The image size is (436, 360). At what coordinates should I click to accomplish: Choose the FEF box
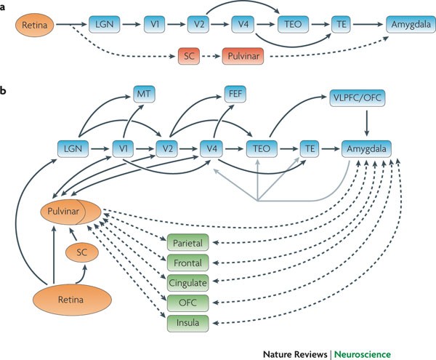(234, 94)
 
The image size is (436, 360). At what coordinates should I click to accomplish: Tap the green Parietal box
(189, 243)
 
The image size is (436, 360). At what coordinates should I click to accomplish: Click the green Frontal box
(189, 262)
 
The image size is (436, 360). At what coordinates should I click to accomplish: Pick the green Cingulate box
(189, 281)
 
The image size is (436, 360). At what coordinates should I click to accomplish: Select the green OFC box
(189, 301)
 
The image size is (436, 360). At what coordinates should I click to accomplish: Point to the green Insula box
(189, 321)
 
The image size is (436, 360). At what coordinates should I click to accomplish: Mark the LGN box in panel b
(71, 148)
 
